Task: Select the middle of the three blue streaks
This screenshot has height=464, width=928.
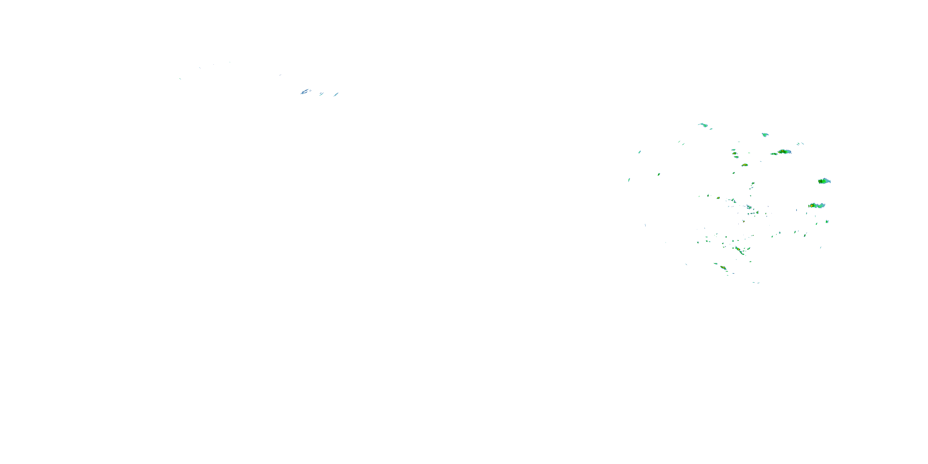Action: click(x=321, y=94)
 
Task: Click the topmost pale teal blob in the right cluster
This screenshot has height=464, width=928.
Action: click(x=703, y=125)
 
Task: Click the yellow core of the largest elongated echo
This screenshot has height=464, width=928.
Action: click(x=783, y=152)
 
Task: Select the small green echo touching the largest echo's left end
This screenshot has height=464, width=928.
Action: click(x=773, y=154)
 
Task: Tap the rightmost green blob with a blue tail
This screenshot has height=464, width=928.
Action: click(x=824, y=181)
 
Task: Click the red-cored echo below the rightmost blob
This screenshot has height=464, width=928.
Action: click(x=812, y=206)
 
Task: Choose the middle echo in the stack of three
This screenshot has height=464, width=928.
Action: click(x=734, y=153)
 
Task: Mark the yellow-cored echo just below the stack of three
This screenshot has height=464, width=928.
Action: click(x=745, y=165)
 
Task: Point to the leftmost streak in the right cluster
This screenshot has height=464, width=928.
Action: click(x=629, y=180)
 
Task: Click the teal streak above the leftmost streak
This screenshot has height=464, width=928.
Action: click(x=639, y=152)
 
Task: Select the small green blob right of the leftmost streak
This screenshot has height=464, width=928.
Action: click(x=659, y=174)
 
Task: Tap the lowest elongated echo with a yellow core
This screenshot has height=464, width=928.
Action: click(x=723, y=267)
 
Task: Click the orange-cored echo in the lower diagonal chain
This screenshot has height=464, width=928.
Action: click(x=738, y=249)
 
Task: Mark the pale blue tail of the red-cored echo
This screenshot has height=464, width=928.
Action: click(x=821, y=205)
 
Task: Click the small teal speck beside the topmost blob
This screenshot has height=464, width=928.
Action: click(x=711, y=129)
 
